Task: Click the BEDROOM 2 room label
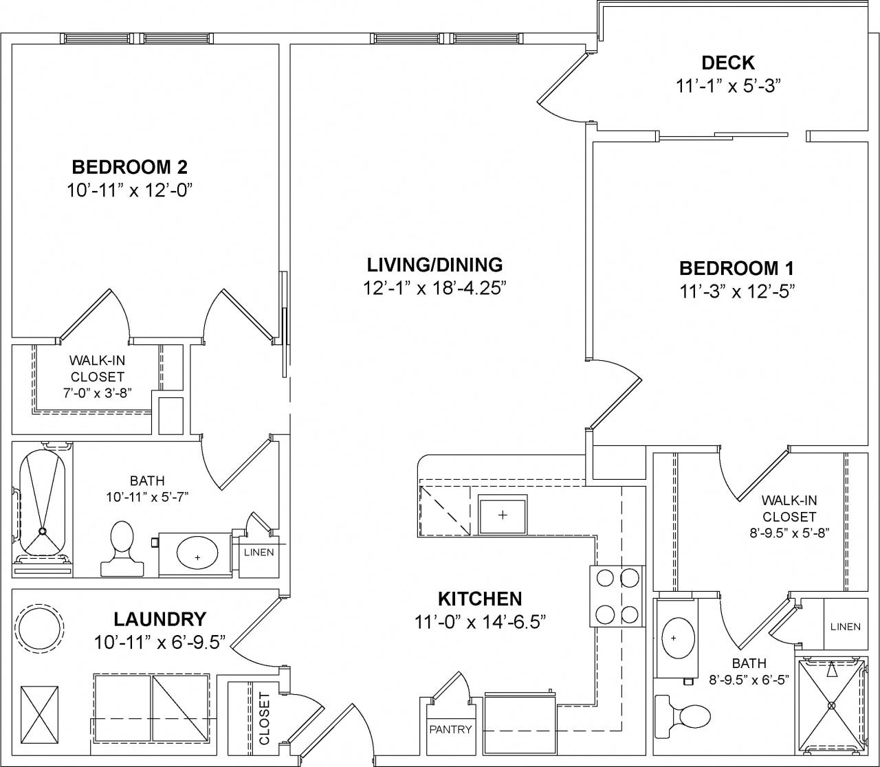(x=129, y=167)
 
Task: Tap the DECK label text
(x=728, y=63)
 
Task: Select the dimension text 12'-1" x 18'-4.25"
(x=434, y=288)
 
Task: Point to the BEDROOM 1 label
(x=736, y=269)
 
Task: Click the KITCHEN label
(x=480, y=599)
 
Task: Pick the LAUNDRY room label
(x=159, y=619)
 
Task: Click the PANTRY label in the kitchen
(x=450, y=729)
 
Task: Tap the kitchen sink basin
(x=503, y=515)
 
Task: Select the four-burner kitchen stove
(x=617, y=596)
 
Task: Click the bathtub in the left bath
(x=43, y=504)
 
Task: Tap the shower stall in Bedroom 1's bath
(x=830, y=705)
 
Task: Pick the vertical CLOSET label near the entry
(x=265, y=719)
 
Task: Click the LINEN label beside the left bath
(x=258, y=553)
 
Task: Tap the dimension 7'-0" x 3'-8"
(x=97, y=393)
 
